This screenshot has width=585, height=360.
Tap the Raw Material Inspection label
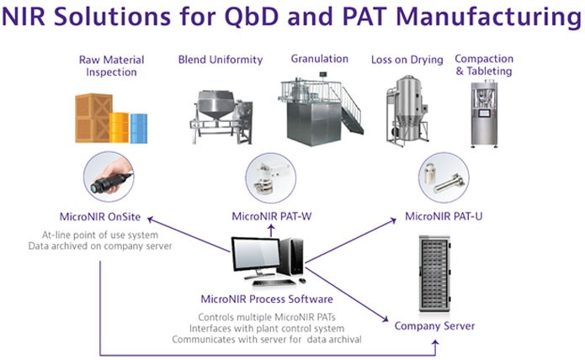[x=112, y=66]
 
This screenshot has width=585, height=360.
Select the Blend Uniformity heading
[x=221, y=60]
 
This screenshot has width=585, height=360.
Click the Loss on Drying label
[x=407, y=60]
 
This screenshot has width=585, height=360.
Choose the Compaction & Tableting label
[x=483, y=65]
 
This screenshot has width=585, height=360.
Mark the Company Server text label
[x=435, y=326]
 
